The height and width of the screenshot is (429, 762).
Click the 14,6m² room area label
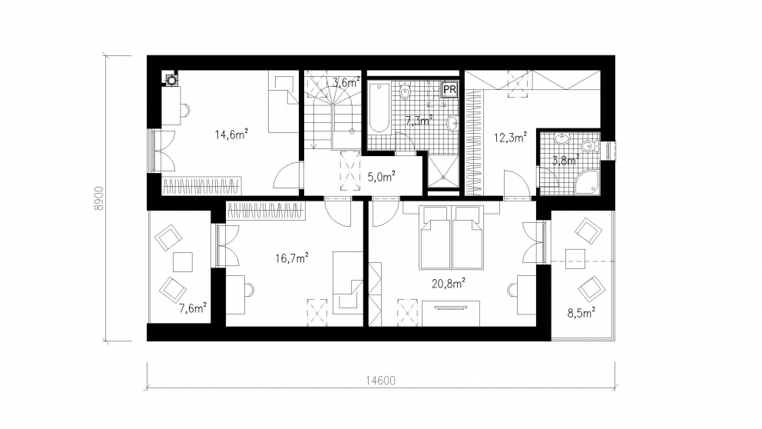tap(231, 134)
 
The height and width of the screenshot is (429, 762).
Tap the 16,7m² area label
tap(292, 258)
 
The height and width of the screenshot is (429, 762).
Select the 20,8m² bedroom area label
tap(449, 283)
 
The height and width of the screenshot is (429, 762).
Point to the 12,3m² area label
tap(510, 137)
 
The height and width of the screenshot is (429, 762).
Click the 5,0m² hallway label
tap(381, 177)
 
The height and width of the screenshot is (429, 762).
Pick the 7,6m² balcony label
tap(193, 308)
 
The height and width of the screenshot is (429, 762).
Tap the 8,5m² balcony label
tap(581, 313)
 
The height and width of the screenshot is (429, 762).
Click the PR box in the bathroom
tap(449, 89)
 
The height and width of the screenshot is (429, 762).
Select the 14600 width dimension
tap(380, 381)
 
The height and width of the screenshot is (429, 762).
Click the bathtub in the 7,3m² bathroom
tap(379, 108)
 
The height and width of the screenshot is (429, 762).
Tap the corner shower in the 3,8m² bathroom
tap(587, 182)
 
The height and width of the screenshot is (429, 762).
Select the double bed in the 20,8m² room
tap(452, 238)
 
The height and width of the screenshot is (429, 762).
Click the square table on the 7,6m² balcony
tap(183, 262)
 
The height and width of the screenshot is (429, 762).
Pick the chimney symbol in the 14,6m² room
tap(171, 78)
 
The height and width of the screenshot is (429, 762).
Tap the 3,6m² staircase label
tap(346, 82)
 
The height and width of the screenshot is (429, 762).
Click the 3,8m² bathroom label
tap(565, 159)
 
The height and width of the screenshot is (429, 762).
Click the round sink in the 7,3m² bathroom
tap(452, 124)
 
